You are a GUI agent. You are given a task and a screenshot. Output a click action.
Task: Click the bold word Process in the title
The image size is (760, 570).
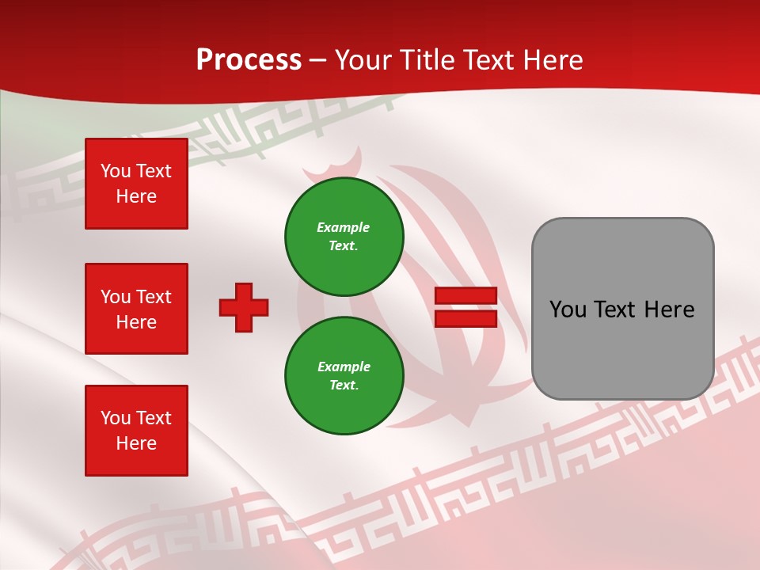click(249, 60)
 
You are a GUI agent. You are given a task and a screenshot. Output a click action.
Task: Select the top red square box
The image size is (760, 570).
click(136, 184)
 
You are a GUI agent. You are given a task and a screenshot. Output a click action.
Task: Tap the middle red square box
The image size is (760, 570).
click(136, 309)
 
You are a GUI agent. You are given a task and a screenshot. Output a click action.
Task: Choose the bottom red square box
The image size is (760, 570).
click(136, 431)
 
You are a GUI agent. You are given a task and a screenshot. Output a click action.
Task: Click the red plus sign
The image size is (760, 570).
click(244, 307)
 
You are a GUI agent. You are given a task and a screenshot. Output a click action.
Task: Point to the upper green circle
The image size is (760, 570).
click(344, 237)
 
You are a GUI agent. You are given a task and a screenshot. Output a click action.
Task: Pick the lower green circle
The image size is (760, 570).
click(344, 376)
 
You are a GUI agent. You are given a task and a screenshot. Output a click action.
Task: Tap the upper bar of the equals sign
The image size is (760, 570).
click(465, 296)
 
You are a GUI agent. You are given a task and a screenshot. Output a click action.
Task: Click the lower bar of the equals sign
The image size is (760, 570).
click(465, 318)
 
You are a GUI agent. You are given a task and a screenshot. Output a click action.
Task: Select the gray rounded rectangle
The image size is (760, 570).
click(622, 309)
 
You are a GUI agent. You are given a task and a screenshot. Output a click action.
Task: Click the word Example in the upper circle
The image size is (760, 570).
click(344, 227)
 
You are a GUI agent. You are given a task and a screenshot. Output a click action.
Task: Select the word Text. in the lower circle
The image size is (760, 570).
click(344, 386)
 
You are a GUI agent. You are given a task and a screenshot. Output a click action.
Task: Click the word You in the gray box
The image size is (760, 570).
click(568, 310)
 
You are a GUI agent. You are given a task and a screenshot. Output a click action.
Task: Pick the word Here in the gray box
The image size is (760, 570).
click(669, 310)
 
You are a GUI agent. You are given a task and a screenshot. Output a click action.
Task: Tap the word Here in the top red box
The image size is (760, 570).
click(136, 196)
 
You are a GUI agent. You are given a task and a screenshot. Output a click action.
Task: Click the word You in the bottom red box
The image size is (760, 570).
click(116, 418)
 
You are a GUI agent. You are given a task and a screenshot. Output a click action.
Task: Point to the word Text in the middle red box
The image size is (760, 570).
click(154, 297)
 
